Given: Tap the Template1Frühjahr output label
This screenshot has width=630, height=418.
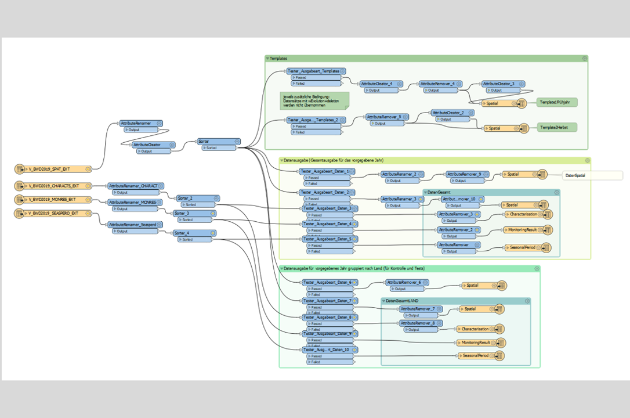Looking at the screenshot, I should [x=556, y=102].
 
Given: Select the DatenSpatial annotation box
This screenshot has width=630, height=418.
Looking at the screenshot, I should [x=592, y=175].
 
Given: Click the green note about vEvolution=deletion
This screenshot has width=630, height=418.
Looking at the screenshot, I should [x=314, y=100].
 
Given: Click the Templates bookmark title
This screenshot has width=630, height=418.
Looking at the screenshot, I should [x=278, y=59].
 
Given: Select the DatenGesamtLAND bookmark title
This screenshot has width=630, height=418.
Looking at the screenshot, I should [x=401, y=301].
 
